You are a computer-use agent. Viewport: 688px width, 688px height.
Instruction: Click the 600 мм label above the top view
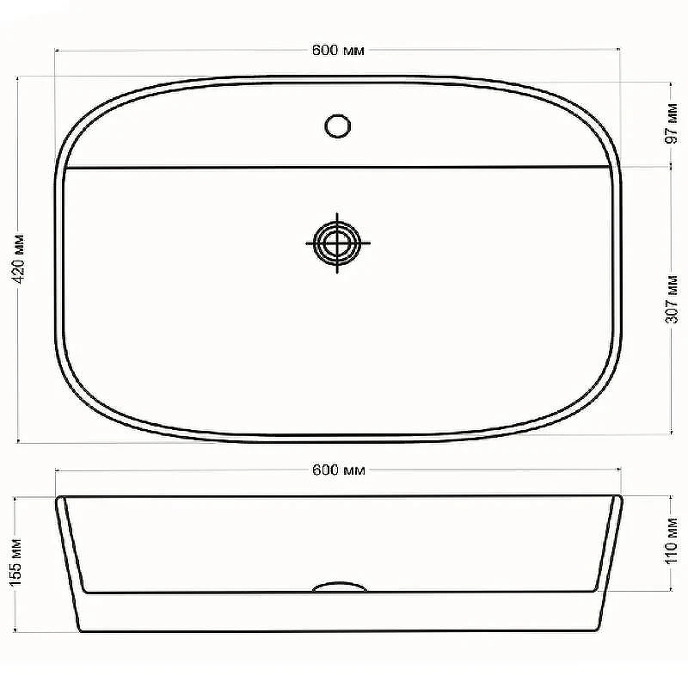338,50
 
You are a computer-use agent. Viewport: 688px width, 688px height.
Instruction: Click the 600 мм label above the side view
339,470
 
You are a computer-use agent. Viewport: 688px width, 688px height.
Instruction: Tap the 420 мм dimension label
18,259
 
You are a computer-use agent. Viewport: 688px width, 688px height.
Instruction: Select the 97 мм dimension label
672,123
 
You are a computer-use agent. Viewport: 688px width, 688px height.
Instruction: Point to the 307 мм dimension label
672,299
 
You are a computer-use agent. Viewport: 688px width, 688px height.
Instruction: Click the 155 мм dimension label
15,562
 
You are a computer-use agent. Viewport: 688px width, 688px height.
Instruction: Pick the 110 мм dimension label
672,541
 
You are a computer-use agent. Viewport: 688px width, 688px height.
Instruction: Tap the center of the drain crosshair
337,243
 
